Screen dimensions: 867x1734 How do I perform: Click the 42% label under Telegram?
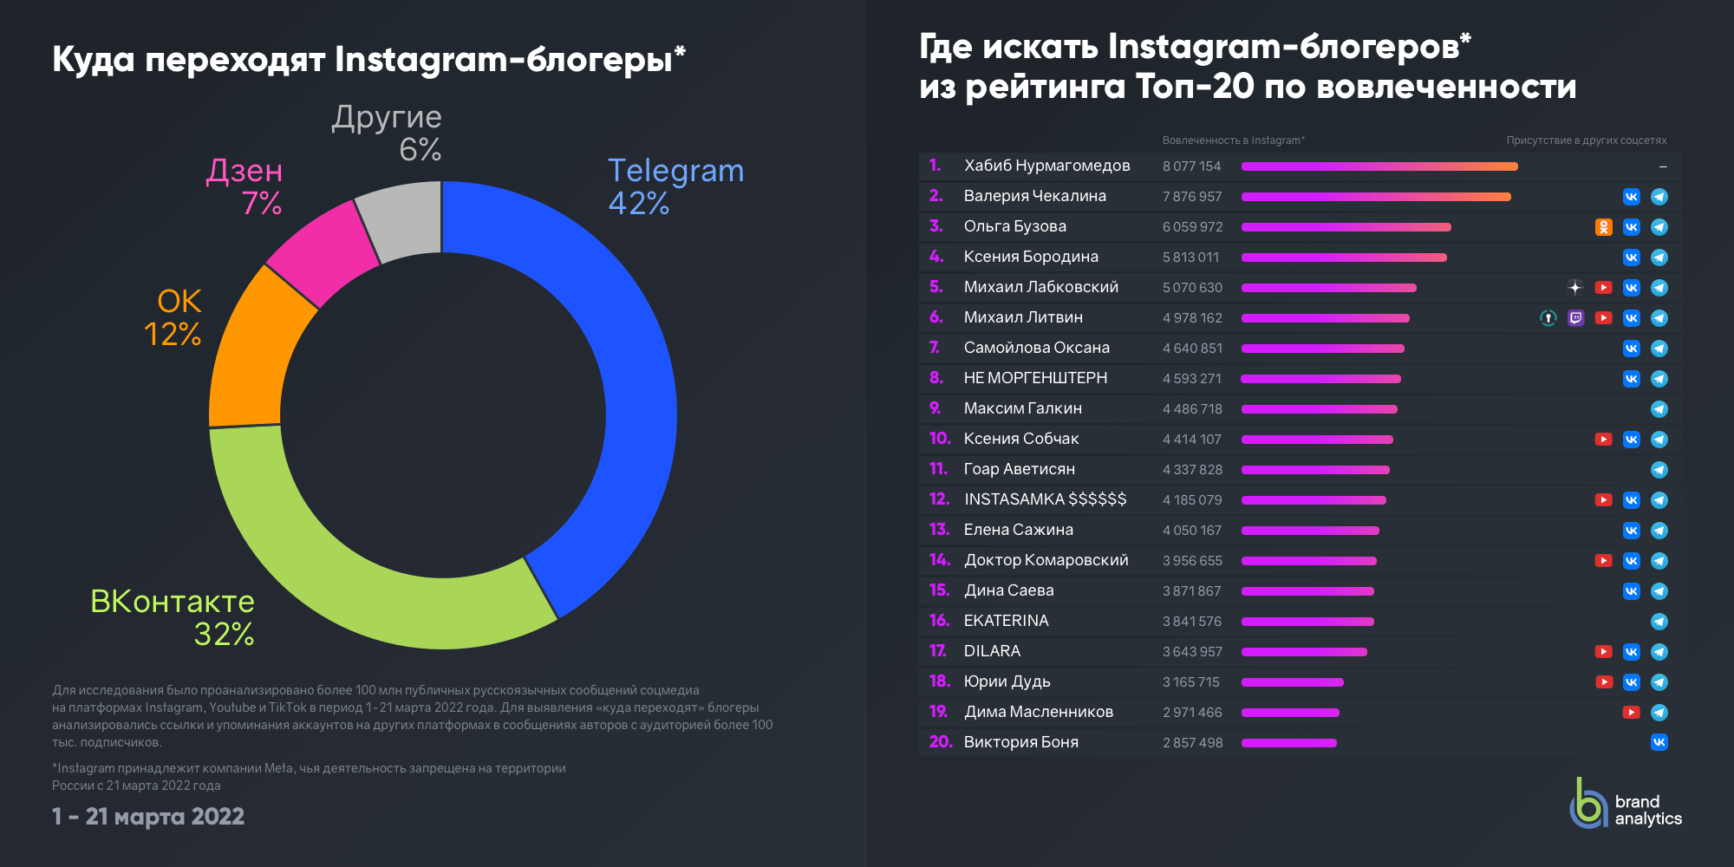tap(639, 204)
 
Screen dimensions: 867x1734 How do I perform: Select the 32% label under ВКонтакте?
tap(224, 635)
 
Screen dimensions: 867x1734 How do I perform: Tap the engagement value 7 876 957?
tap(1191, 197)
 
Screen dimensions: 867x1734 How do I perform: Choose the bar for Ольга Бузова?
tap(1346, 227)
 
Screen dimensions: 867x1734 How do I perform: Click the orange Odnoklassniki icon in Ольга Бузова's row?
tap(1604, 227)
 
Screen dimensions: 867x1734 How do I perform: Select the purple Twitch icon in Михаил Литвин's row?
tap(1576, 318)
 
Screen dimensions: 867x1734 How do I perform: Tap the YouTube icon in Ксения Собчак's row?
tap(1604, 440)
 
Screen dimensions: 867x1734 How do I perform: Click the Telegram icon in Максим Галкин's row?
tap(1659, 409)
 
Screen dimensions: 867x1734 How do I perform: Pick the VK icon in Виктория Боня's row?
tap(1659, 742)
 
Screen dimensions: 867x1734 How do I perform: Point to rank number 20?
tap(941, 742)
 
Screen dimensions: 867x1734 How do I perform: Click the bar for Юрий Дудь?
tap(1292, 682)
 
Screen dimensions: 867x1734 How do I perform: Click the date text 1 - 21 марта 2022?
tap(148, 817)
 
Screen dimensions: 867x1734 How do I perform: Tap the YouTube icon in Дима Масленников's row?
tap(1631, 713)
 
